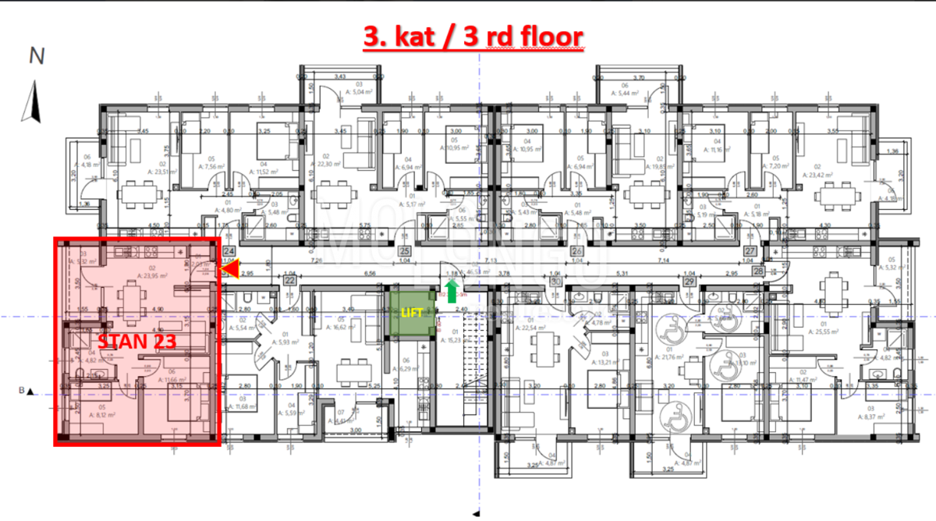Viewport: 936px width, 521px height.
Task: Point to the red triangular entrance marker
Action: click(230, 270)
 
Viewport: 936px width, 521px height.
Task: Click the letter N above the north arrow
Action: click(36, 56)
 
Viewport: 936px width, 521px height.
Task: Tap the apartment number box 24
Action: click(229, 251)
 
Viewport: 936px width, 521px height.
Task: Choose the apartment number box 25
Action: click(404, 251)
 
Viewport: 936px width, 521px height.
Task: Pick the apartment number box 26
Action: click(577, 251)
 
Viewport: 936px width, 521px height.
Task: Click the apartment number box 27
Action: click(750, 251)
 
